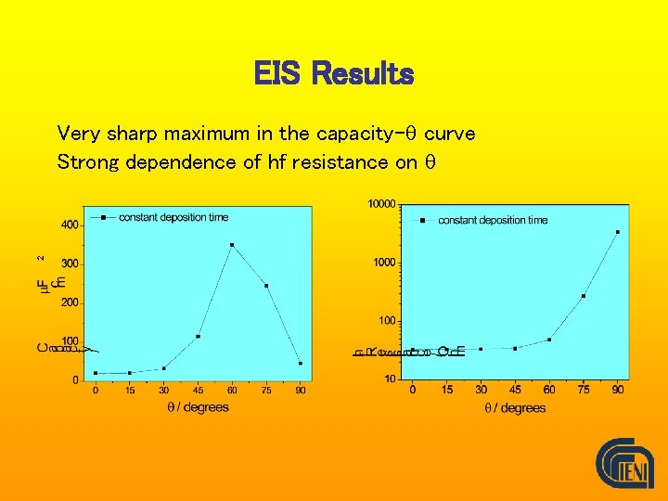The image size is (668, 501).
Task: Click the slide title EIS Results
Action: (x=334, y=73)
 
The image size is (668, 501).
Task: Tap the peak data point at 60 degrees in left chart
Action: (x=232, y=245)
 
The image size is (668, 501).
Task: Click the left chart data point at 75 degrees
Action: (x=266, y=286)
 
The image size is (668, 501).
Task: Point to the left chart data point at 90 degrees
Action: (x=300, y=363)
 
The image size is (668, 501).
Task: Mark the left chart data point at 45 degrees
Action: (x=198, y=336)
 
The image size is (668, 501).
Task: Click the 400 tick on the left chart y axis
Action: (x=70, y=225)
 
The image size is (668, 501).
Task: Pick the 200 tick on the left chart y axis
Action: (x=70, y=302)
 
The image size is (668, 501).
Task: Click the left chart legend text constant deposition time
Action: (x=173, y=218)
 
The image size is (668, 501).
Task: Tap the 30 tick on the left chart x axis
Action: (x=163, y=391)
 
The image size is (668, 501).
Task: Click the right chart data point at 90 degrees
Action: (x=618, y=232)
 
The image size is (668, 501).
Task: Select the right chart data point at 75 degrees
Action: (x=584, y=296)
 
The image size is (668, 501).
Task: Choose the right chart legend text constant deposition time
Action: (x=493, y=220)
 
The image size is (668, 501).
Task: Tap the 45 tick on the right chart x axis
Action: (x=515, y=390)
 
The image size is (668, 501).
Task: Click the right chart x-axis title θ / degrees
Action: (x=515, y=408)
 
